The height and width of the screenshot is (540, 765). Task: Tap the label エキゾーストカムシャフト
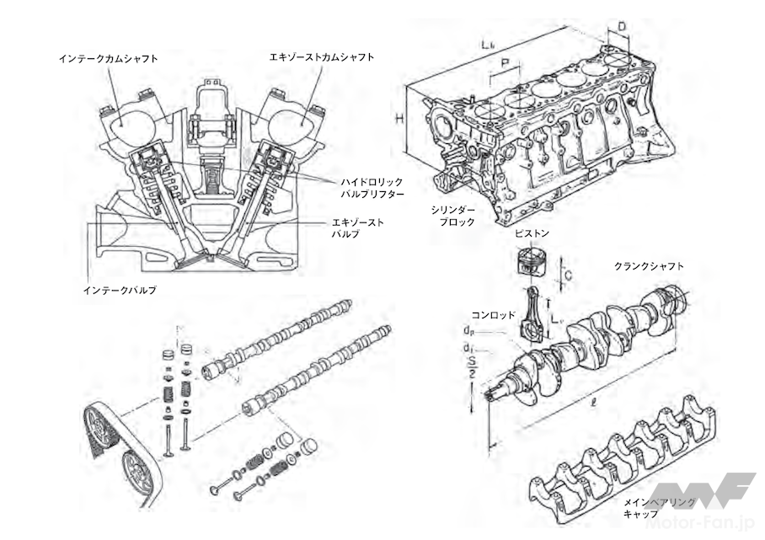click(x=320, y=57)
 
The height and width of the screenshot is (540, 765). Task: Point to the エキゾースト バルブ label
click(x=357, y=227)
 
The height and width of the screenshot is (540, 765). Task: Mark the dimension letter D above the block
click(x=620, y=27)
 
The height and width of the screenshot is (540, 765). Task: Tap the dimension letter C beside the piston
click(x=570, y=275)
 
